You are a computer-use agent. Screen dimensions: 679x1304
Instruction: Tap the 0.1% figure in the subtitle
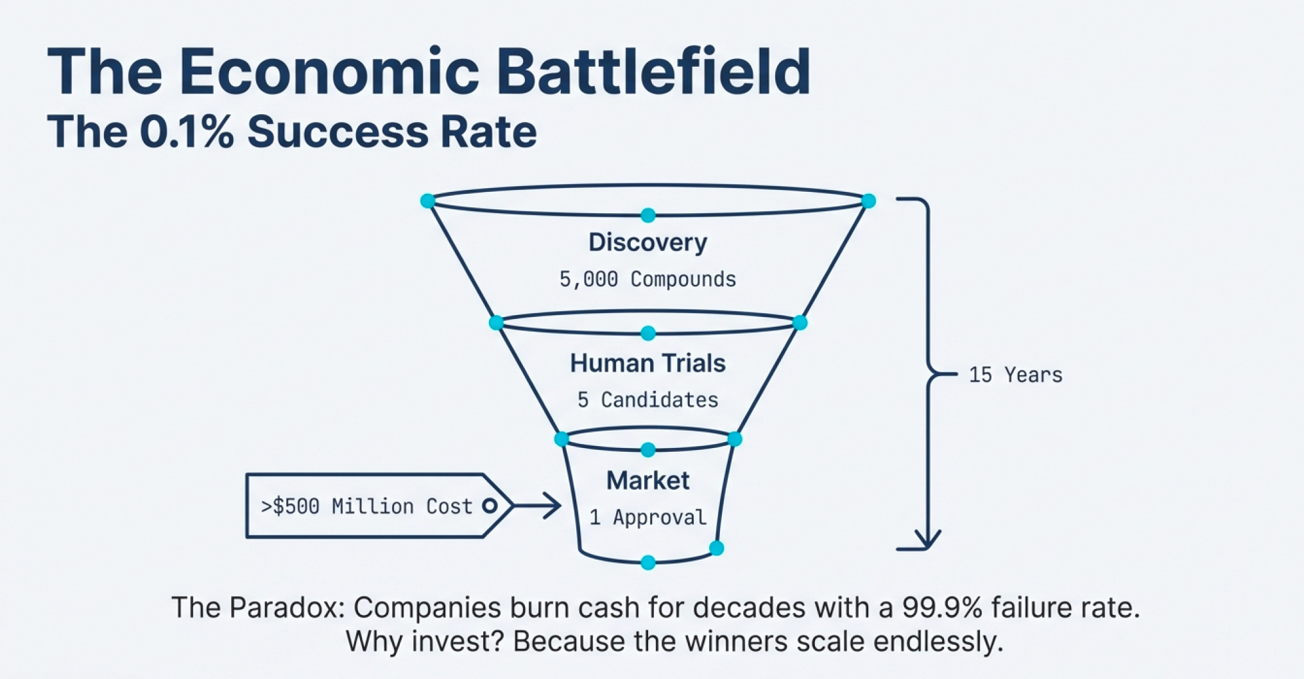point(186,132)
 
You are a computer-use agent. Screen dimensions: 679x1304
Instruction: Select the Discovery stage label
point(648,243)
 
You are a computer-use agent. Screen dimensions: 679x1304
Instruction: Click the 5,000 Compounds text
point(648,279)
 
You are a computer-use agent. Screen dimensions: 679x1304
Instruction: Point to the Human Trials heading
point(648,363)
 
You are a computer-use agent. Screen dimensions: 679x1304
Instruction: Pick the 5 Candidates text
point(648,400)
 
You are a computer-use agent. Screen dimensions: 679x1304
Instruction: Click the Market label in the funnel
point(648,481)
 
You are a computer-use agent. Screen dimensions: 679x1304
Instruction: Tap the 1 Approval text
point(648,517)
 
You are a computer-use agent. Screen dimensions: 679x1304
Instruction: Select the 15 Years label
point(1015,375)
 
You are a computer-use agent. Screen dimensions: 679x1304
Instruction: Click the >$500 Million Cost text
point(366,506)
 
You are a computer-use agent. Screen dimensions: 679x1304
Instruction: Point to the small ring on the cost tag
point(490,506)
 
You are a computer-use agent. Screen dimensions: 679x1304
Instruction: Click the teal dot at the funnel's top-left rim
point(427,201)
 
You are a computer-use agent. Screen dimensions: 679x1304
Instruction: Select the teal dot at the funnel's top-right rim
point(868,201)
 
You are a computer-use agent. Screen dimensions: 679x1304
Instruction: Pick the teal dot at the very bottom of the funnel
point(648,563)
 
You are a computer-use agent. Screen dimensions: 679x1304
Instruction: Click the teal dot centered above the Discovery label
point(648,215)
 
